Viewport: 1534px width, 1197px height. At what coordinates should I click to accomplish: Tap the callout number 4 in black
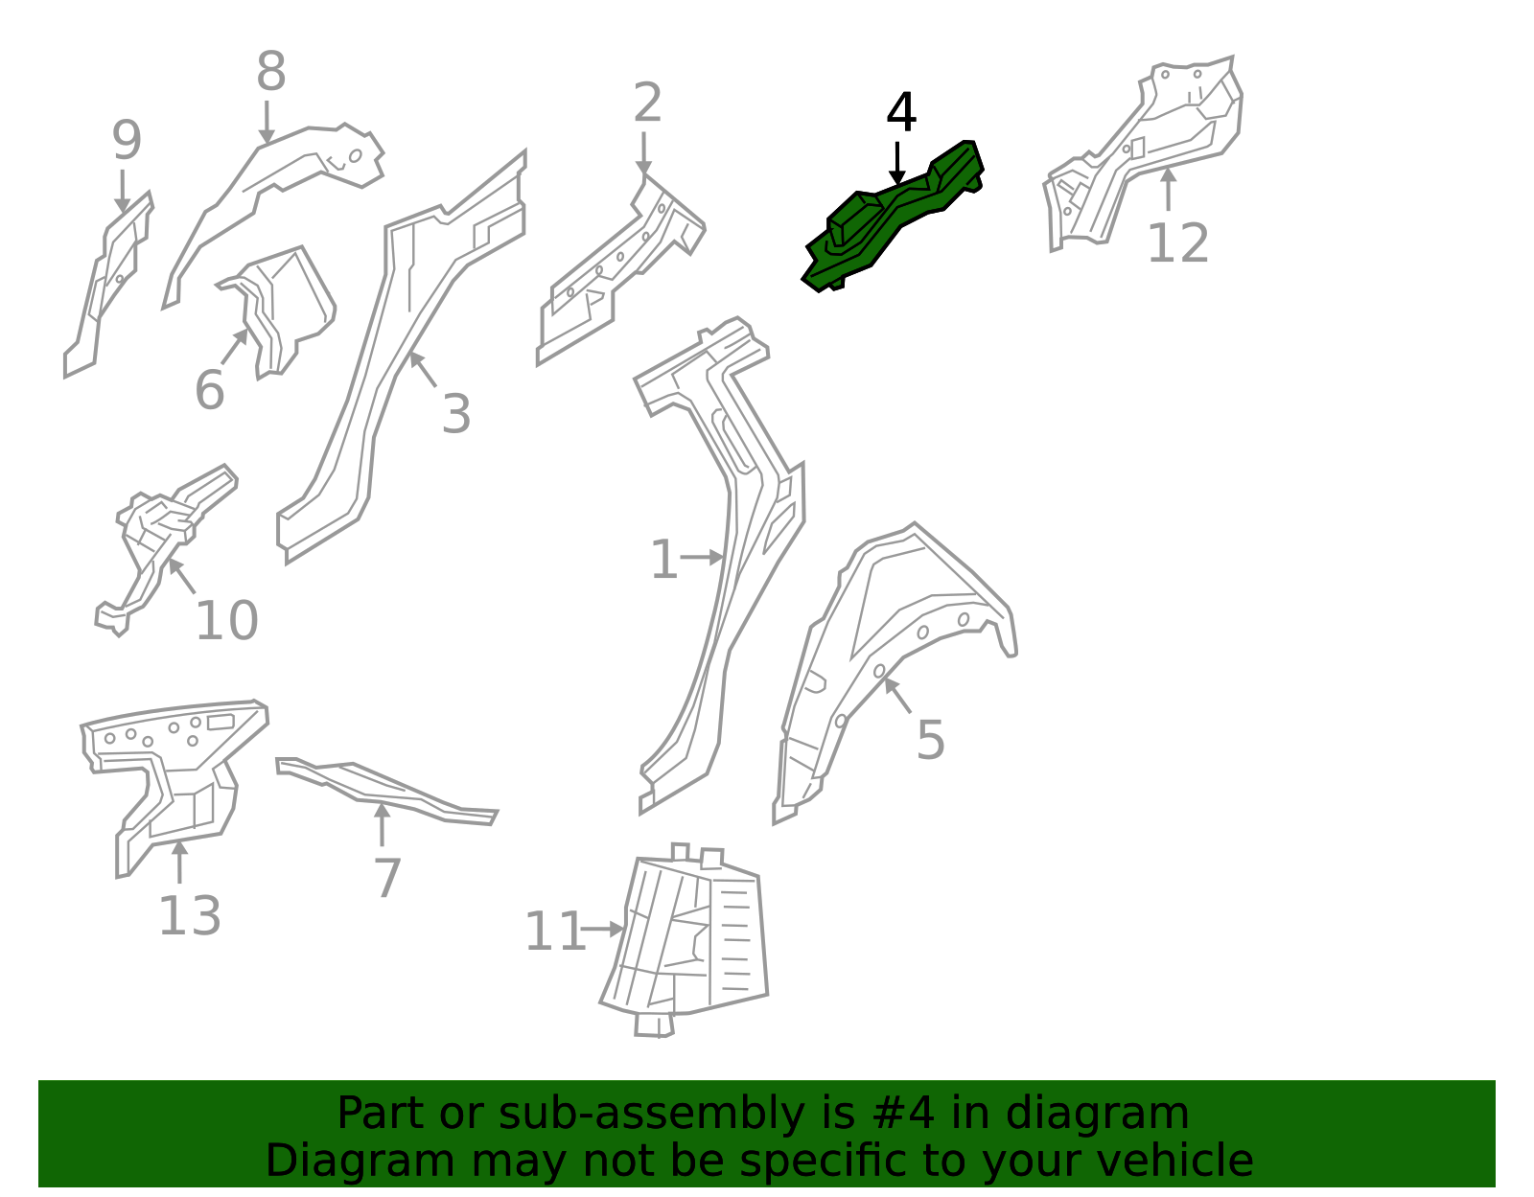tap(901, 112)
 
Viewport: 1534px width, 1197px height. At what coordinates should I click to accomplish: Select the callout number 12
tap(1177, 243)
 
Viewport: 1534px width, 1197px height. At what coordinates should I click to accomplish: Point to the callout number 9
tap(128, 140)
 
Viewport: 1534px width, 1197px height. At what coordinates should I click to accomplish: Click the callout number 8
tap(271, 71)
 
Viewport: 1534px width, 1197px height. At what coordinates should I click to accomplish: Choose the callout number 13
tap(190, 916)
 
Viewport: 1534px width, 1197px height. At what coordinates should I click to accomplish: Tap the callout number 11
tap(555, 932)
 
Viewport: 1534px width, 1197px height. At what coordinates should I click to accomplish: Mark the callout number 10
tap(226, 621)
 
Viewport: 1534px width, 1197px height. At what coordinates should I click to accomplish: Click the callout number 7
tap(386, 878)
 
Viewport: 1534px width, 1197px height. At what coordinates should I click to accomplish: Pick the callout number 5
tap(930, 740)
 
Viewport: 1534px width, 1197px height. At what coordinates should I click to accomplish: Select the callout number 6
tap(210, 389)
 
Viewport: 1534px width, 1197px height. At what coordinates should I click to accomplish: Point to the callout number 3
tap(456, 414)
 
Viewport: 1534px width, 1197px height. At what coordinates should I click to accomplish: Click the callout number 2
tap(647, 103)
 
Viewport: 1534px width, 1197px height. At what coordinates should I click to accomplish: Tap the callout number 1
tap(663, 560)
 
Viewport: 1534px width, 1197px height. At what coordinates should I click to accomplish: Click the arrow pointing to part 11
tap(601, 929)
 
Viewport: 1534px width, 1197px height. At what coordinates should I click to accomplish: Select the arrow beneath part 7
tap(382, 824)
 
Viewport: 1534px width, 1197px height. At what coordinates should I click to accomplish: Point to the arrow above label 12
tap(1169, 189)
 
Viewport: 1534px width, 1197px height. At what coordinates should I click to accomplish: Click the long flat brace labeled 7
tap(386, 791)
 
